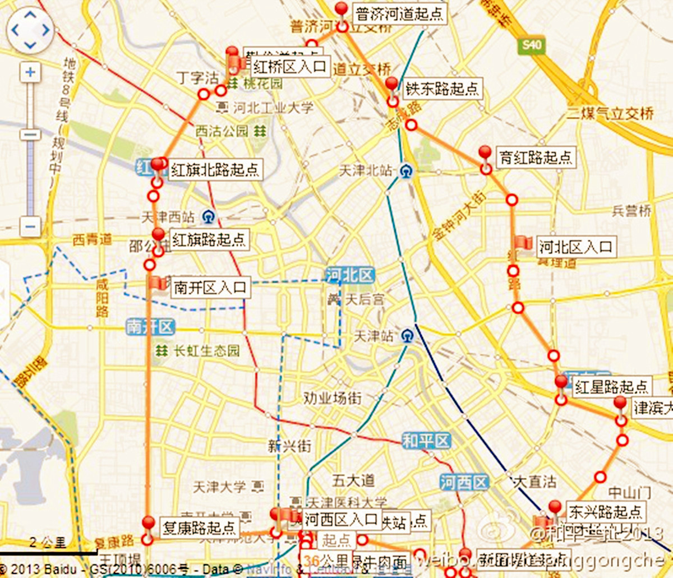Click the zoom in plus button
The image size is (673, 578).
[30, 72]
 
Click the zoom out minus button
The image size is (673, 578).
[30, 226]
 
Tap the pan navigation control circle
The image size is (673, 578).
[30, 30]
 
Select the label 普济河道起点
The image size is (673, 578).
[399, 13]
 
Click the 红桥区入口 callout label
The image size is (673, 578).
[289, 67]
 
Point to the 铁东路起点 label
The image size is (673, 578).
[442, 89]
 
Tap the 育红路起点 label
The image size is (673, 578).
[535, 158]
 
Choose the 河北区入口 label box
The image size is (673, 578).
[575, 247]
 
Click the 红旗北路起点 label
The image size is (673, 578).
[215, 169]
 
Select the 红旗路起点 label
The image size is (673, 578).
[209, 240]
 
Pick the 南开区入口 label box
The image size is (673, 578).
[210, 288]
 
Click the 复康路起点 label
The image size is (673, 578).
[199, 528]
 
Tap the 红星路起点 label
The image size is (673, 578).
[611, 386]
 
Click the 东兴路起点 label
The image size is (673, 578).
[605, 511]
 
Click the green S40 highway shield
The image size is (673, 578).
[531, 45]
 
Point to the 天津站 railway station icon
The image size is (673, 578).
[407, 336]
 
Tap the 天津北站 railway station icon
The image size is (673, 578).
[405, 171]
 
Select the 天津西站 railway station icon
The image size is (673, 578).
[209, 216]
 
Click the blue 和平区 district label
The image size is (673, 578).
[426, 441]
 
